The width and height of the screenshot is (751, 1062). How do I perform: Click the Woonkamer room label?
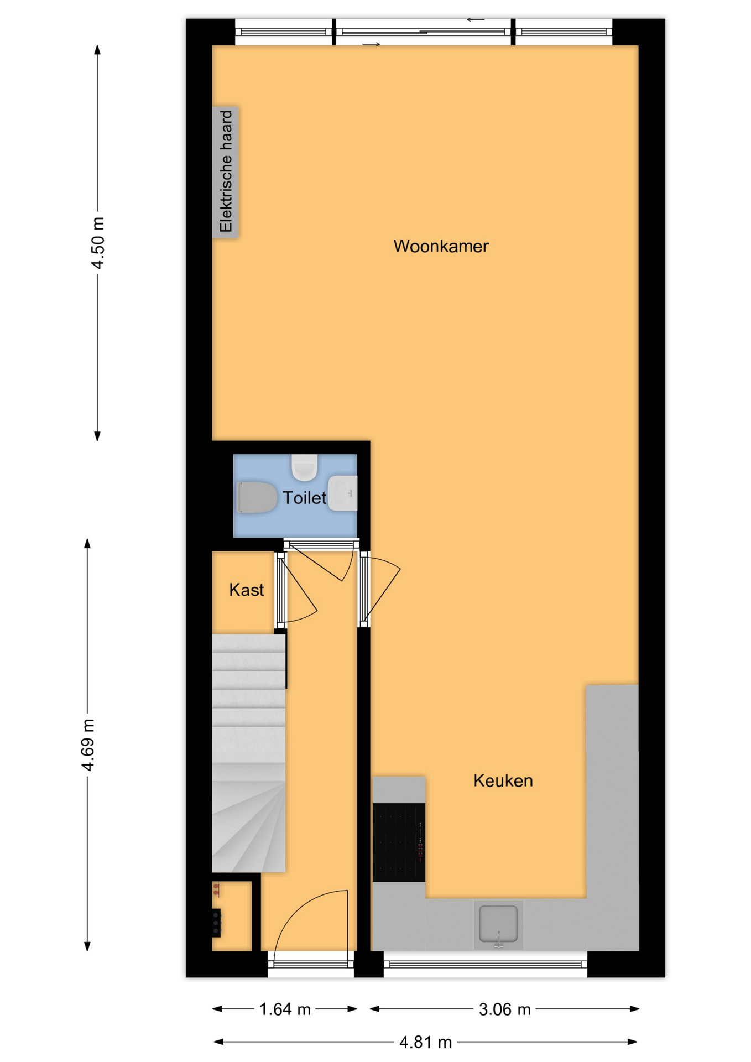tap(441, 246)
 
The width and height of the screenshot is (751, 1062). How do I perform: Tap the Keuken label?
tap(503, 780)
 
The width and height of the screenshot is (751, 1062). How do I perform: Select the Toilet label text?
tap(304, 498)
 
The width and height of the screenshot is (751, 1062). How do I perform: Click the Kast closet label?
tap(246, 590)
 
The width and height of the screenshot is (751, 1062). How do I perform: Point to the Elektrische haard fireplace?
tap(226, 171)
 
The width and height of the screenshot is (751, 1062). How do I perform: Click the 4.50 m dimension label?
tap(98, 243)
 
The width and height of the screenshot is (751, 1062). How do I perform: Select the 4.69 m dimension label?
tap(88, 745)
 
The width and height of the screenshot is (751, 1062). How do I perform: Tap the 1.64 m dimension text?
tap(285, 1009)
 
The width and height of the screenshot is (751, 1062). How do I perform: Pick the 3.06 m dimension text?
tap(504, 1009)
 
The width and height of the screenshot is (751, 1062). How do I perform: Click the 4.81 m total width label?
tap(425, 1042)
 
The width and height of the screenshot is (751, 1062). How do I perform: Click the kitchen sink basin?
tap(498, 923)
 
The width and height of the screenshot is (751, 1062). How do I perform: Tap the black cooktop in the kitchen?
tap(399, 842)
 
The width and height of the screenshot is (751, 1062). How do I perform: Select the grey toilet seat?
tap(257, 497)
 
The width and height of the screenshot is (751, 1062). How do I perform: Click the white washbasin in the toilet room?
tap(343, 493)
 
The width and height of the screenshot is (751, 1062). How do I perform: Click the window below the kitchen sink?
tap(486, 964)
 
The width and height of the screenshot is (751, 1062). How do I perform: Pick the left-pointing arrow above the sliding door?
tap(476, 20)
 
